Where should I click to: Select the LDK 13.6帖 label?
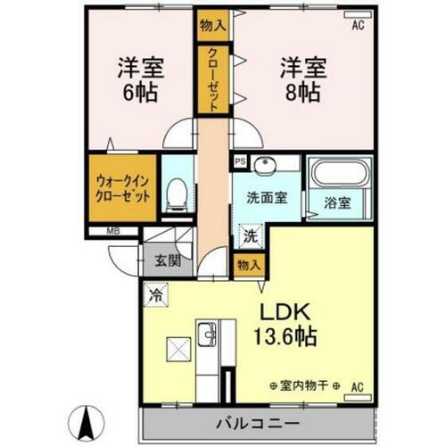[285, 325]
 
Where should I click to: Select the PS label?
[239, 162]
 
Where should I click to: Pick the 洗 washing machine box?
[251, 237]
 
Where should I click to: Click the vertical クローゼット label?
[213, 80]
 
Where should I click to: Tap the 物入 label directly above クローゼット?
[212, 25]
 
